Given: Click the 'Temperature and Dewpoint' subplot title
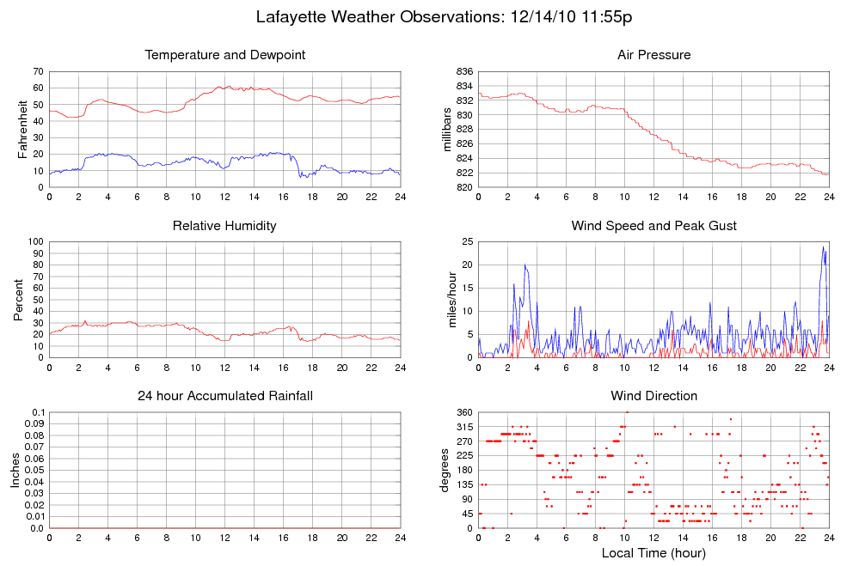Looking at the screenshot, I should [x=225, y=55].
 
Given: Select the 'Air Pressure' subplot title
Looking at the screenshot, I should [x=653, y=55].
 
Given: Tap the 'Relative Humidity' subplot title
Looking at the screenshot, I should [x=225, y=226].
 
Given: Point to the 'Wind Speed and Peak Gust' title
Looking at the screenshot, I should [x=653, y=226].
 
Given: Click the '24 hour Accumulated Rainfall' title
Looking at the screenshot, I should [x=225, y=396].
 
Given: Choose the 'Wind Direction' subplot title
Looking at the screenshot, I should [x=653, y=396].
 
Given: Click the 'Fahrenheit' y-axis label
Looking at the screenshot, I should [x=23, y=129].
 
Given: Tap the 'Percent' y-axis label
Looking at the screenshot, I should [x=18, y=300].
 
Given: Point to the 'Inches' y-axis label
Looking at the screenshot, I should [x=15, y=471].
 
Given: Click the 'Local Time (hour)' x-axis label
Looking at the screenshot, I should [x=653, y=553].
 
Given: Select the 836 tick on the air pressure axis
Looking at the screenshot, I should [x=463, y=71].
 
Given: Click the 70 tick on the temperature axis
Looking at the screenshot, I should [x=38, y=71].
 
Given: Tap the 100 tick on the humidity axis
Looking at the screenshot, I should [x=35, y=242].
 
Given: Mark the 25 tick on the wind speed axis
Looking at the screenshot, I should [x=467, y=242].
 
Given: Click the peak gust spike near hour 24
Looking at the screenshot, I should [x=823, y=248].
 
